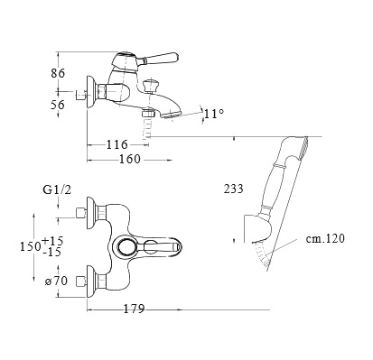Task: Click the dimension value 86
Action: (58, 73)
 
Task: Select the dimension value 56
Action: (58, 105)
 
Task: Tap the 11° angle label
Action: (214, 114)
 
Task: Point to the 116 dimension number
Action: (117, 144)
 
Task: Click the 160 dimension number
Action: (130, 159)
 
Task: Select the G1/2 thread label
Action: (57, 190)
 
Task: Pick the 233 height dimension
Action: (233, 189)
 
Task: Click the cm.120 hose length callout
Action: (325, 238)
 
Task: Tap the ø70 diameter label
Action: (56, 282)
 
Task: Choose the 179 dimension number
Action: (135, 309)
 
